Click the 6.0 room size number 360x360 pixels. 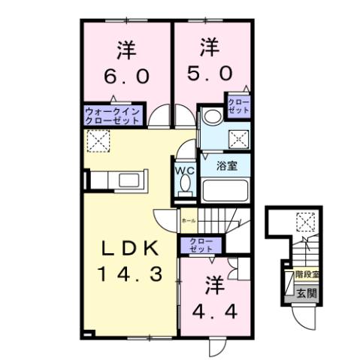(x=126, y=77)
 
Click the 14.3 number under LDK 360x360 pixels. (x=128, y=274)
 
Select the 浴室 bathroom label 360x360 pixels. (x=228, y=165)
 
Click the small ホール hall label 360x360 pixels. (x=188, y=221)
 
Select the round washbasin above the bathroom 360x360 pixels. (x=211, y=116)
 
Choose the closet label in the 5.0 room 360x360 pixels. (x=237, y=106)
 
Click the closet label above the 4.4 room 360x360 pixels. (x=201, y=244)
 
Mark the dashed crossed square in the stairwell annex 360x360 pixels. (x=304, y=222)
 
